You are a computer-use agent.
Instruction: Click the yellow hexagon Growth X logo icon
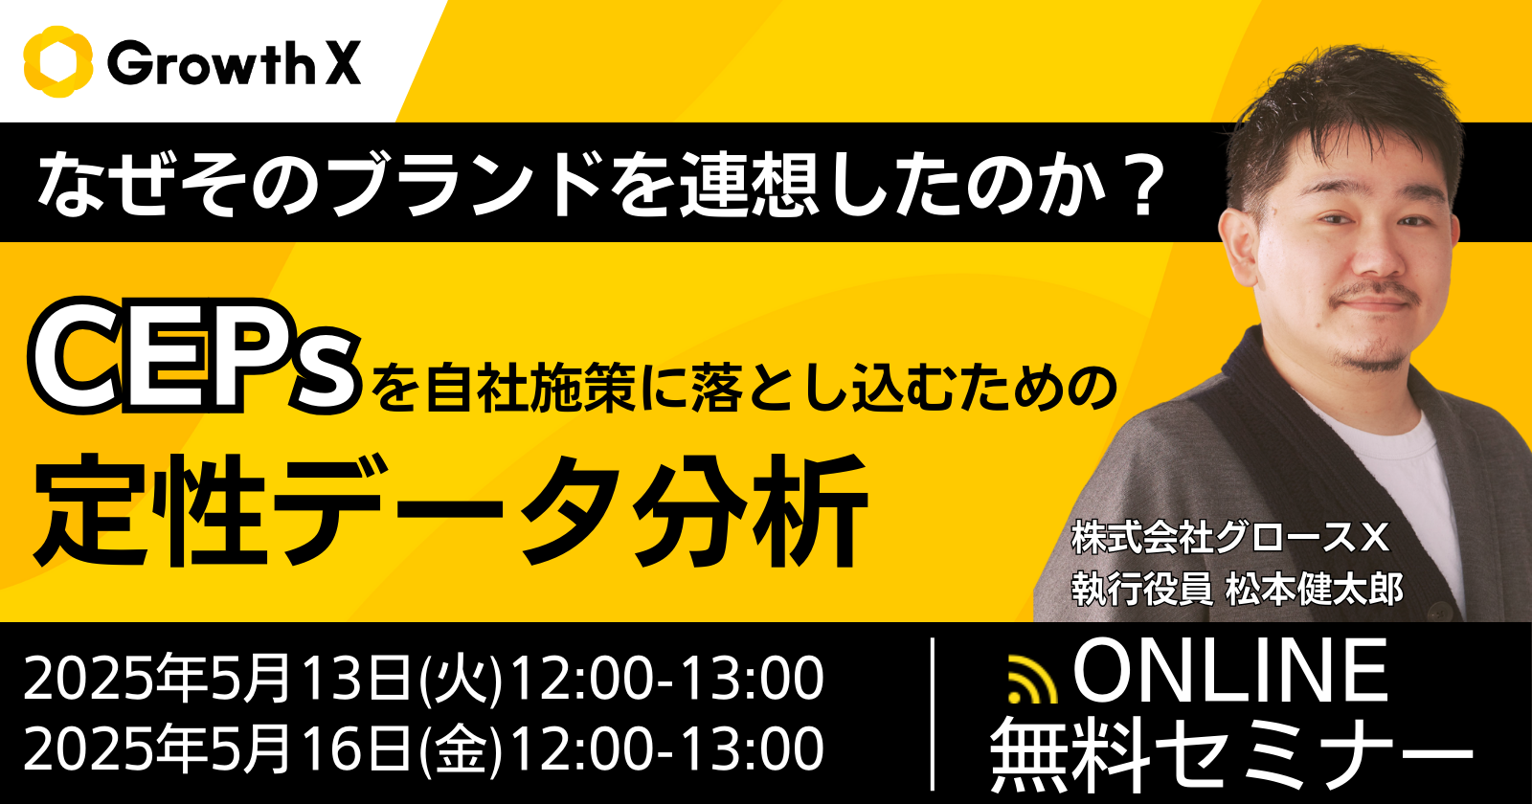[58, 62]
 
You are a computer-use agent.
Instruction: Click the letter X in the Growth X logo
[342, 62]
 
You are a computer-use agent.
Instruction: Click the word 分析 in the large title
[749, 508]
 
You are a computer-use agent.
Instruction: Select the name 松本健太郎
[1315, 589]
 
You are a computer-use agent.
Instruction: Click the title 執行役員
[1141, 589]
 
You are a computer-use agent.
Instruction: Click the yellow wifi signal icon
[1033, 680]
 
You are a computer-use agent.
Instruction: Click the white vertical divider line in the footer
[935, 713]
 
